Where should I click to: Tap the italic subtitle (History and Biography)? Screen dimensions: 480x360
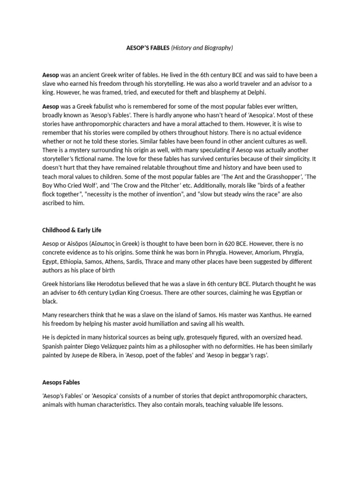(202, 48)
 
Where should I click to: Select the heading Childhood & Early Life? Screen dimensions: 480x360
(72, 230)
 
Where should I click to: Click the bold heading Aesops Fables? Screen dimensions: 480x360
(61, 382)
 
